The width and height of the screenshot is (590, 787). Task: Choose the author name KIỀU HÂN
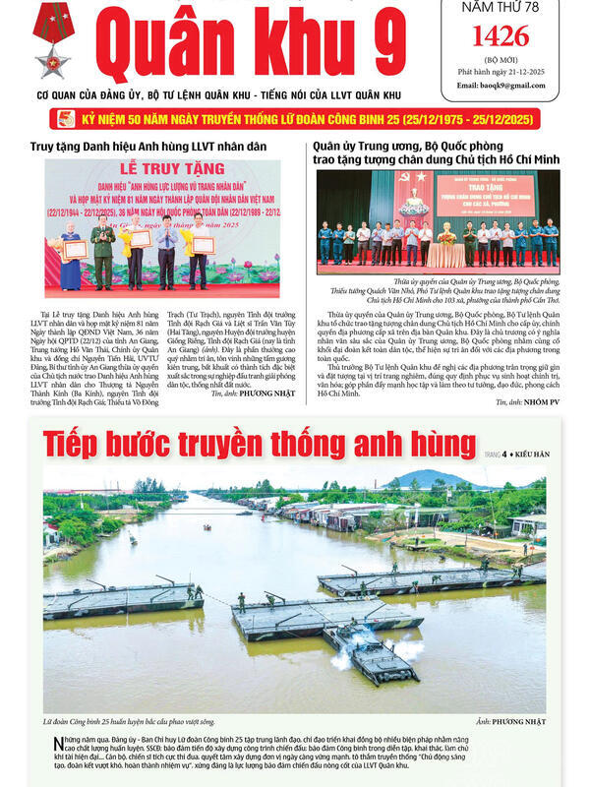pyautogui.click(x=529, y=454)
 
